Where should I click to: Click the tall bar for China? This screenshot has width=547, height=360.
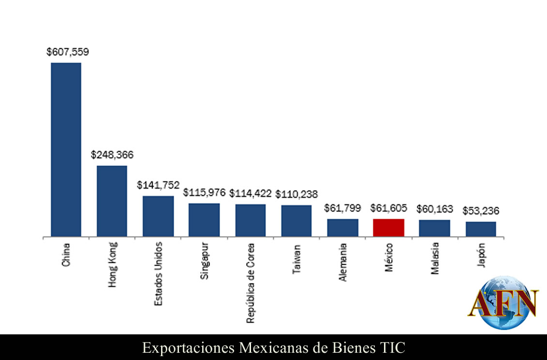point(66,150)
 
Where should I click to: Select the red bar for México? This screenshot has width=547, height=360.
point(388,227)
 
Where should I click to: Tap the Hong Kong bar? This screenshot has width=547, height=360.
point(112,201)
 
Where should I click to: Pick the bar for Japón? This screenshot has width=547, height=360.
point(481,229)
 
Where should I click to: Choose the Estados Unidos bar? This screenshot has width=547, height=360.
point(158,216)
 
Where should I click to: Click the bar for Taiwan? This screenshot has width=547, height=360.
point(296,221)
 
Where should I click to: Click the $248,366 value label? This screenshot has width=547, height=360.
point(112,155)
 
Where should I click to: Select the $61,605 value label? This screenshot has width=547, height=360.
point(389,209)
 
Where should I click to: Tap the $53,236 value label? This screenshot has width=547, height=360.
point(481,211)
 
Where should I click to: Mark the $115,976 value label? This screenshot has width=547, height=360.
point(204,193)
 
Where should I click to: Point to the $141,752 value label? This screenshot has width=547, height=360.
point(158,185)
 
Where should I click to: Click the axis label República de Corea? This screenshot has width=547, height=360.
point(251,283)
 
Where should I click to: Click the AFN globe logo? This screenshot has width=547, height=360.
point(503,303)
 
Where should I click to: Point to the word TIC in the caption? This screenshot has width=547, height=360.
point(392,347)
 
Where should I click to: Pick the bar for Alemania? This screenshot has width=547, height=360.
point(342,227)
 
